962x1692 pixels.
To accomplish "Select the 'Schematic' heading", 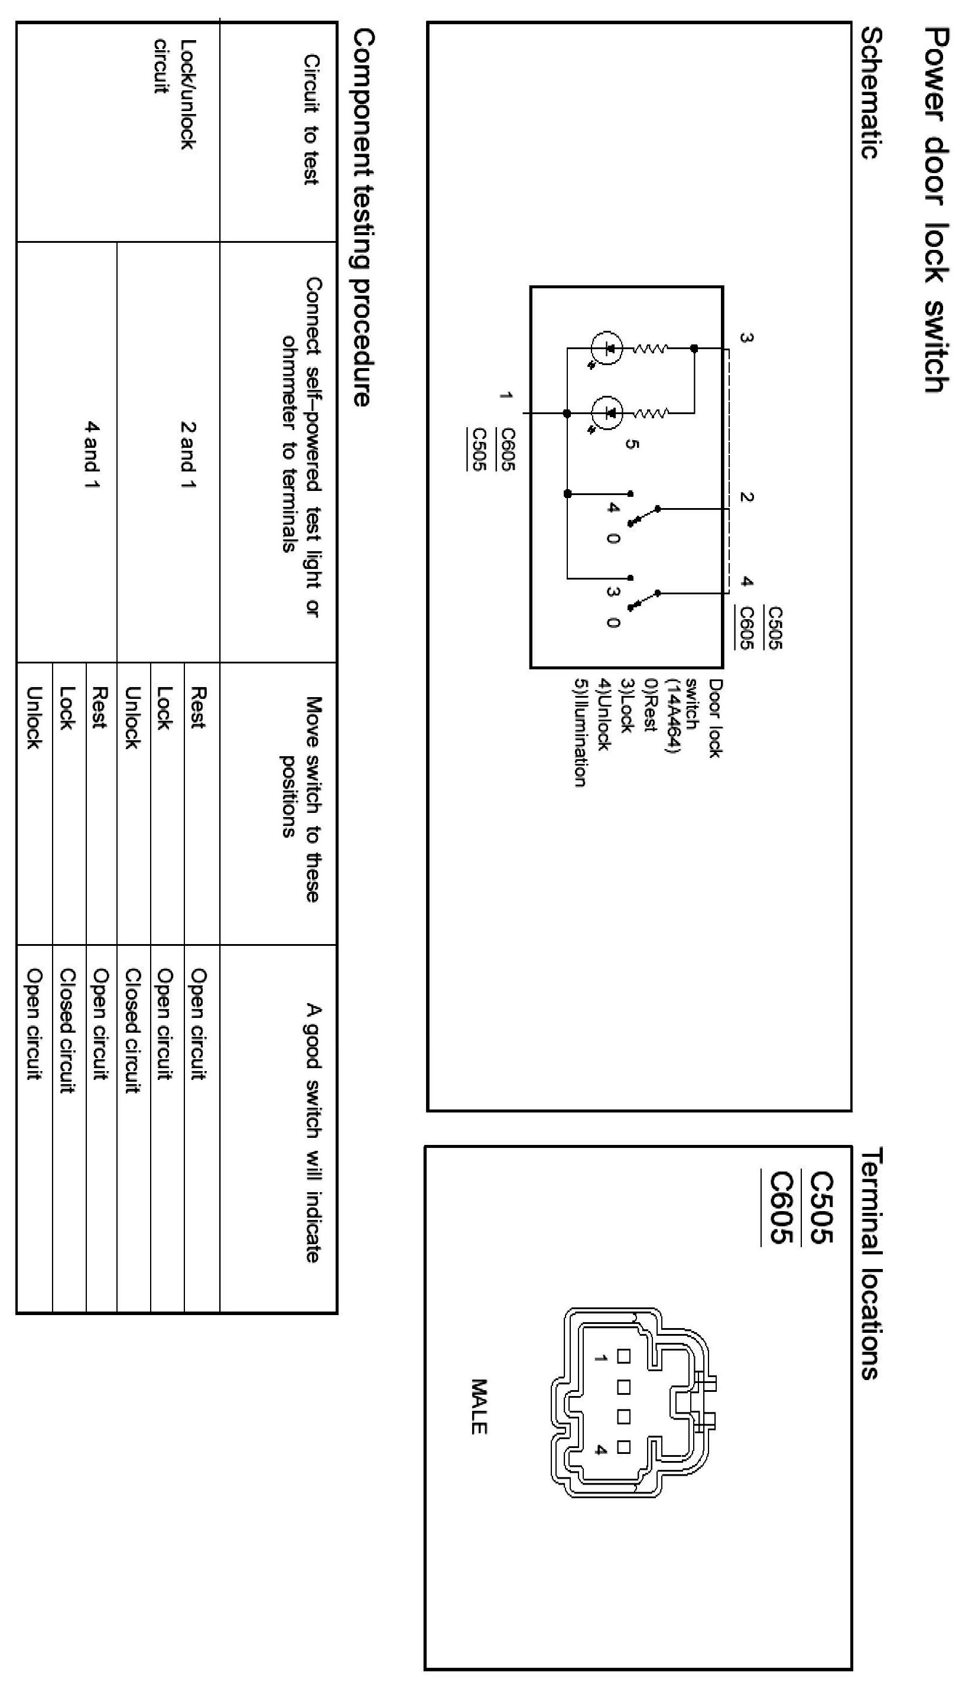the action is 870,93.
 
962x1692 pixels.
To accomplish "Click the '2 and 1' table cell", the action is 188,455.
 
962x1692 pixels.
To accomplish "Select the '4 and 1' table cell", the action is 91,455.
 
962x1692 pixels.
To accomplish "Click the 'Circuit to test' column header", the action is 311,119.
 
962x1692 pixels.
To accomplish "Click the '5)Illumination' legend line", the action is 580,733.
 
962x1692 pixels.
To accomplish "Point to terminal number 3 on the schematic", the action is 745,338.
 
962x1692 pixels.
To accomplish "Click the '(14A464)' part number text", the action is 672,716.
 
